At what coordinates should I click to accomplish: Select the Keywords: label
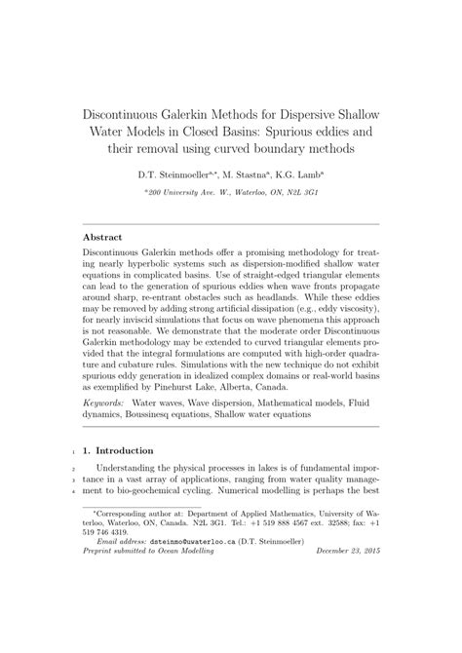click(106, 401)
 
